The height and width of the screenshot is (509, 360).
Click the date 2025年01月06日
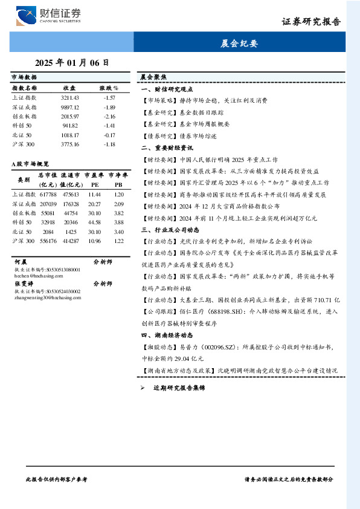click(x=72, y=62)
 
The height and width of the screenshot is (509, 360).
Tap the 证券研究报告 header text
click(x=311, y=22)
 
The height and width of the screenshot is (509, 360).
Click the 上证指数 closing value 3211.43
click(x=70, y=97)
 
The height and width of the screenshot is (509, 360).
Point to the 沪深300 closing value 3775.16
click(x=70, y=144)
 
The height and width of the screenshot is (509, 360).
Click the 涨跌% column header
click(x=109, y=88)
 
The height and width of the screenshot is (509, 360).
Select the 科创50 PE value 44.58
click(x=94, y=222)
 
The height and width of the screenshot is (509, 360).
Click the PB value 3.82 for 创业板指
click(x=118, y=213)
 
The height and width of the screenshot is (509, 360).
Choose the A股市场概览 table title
click(x=30, y=164)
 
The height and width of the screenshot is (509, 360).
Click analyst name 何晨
click(x=20, y=262)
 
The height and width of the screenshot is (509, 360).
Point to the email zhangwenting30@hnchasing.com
click(x=47, y=296)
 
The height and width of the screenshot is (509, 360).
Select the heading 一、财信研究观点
click(x=166, y=89)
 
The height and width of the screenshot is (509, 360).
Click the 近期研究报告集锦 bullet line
click(x=179, y=387)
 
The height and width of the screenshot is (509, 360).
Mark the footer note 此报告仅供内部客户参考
click(x=57, y=479)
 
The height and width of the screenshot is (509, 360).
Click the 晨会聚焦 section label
click(x=153, y=77)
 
